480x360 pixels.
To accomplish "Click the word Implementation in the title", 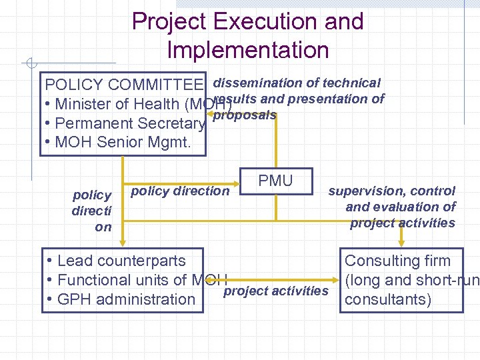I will pyautogui.click(x=248, y=50).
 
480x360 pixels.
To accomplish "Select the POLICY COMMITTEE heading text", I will pyautogui.click(x=123, y=85).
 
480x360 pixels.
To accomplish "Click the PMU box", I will pyautogui.click(x=275, y=181).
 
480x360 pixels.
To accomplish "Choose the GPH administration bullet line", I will pyautogui.click(x=120, y=299).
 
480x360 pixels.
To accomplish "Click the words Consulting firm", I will pyautogui.click(x=397, y=261).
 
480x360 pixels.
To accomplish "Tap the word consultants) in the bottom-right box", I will pyautogui.click(x=387, y=299).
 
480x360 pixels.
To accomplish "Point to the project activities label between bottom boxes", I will pyautogui.click(x=277, y=291).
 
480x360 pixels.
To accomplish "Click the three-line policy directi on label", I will pyautogui.click(x=92, y=211).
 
